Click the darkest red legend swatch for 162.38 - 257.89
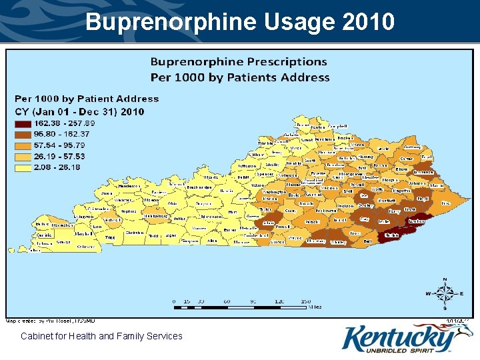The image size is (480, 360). tap(23, 123)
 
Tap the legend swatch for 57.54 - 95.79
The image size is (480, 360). tap(23, 145)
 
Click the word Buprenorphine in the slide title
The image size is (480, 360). tap(170, 22)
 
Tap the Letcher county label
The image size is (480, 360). tap(416, 220)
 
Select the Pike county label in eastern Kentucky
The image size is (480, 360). tap(445, 203)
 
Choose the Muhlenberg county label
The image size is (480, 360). tap(155, 215)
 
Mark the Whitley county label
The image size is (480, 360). tap(339, 241)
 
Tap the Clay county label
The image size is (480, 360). tap(364, 218)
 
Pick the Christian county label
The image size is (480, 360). tap(135, 233)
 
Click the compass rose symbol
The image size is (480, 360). tap(445, 293)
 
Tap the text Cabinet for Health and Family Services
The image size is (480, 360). tap(101, 336)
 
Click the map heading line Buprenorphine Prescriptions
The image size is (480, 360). tap(239, 62)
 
